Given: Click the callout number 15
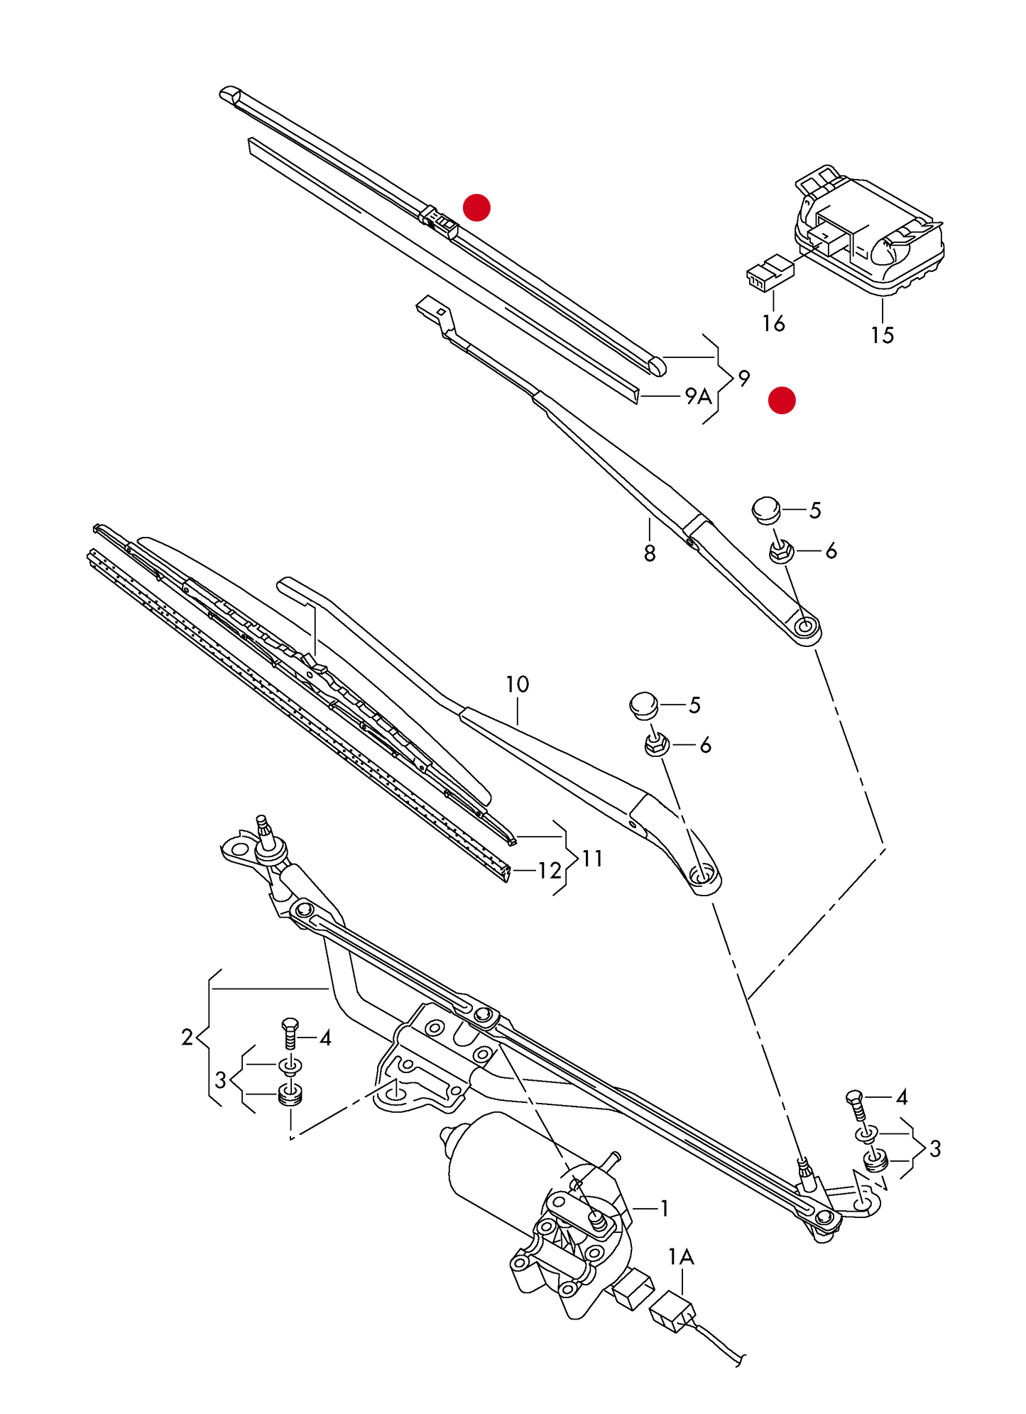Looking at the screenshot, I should pos(882,335).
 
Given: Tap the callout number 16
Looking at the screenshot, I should pos(773,323).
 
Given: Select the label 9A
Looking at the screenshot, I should pos(698,396).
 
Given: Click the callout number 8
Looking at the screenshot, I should pos(650,553).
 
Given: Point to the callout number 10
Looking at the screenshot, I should pos(517,685).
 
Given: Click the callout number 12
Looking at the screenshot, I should pos(550,871).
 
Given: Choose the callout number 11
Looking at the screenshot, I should pos(592,859).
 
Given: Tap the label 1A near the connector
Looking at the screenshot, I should pos(681,1257).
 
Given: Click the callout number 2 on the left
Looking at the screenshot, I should pos(187,1038).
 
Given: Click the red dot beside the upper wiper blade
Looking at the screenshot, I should pos(476,207).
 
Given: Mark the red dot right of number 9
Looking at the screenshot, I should pos(782,400).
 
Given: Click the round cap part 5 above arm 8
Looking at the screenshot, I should pos(766,509).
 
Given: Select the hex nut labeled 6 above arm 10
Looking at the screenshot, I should pos(655,745).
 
